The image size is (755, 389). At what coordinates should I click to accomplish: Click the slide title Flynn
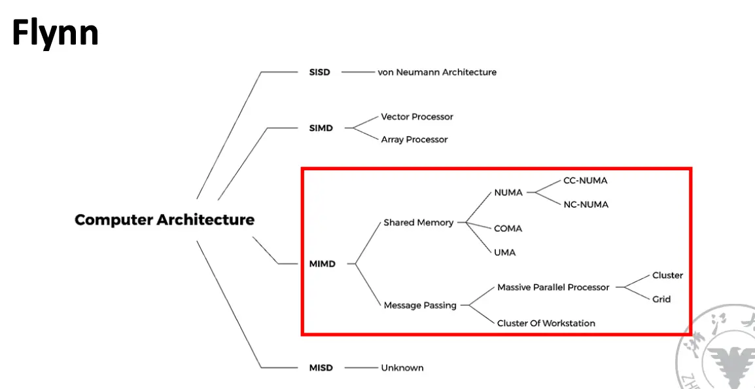point(55,33)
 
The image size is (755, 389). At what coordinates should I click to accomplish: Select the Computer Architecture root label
point(164,220)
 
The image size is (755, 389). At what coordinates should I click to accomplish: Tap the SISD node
point(319,72)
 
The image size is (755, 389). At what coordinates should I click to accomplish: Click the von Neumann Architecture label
point(437,72)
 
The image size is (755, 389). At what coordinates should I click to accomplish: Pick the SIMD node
point(321,128)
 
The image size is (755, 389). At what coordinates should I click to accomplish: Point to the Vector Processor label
point(417,117)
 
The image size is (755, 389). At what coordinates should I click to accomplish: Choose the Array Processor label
point(414,139)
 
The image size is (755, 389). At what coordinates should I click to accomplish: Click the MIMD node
point(322,264)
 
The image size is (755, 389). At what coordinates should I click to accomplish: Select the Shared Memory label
point(418,223)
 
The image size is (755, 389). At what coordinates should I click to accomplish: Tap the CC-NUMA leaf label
point(586,181)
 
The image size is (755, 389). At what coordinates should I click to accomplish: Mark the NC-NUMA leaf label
point(586,204)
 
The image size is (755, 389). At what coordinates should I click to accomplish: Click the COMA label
point(508,229)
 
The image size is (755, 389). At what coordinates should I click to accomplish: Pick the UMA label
point(504,252)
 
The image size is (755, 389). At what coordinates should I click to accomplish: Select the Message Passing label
point(420,305)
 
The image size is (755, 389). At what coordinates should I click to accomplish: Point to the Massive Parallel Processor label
point(553,287)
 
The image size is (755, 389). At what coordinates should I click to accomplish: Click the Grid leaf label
point(661,299)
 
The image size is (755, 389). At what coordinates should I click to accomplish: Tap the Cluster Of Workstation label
point(546,323)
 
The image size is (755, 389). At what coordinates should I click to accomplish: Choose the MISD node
point(321,368)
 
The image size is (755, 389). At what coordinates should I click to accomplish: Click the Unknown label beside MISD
point(402,368)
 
